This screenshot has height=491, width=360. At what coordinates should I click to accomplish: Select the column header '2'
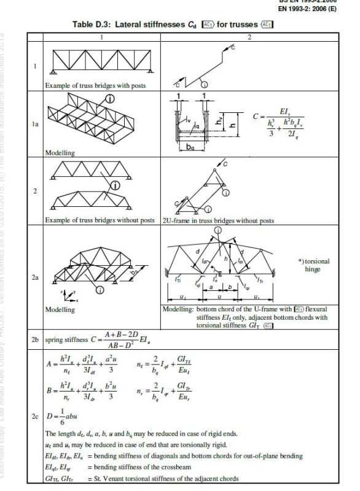click(249, 37)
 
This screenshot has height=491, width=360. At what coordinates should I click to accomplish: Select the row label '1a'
click(34, 124)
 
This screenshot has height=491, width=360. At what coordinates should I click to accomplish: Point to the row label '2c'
click(34, 416)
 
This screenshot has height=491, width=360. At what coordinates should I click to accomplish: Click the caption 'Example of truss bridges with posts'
click(95, 85)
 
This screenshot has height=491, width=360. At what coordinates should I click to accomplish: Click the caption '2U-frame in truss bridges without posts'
click(209, 220)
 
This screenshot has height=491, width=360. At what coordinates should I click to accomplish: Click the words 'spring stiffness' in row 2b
click(66, 339)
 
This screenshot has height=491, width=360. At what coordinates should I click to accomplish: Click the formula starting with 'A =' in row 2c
click(80, 366)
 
